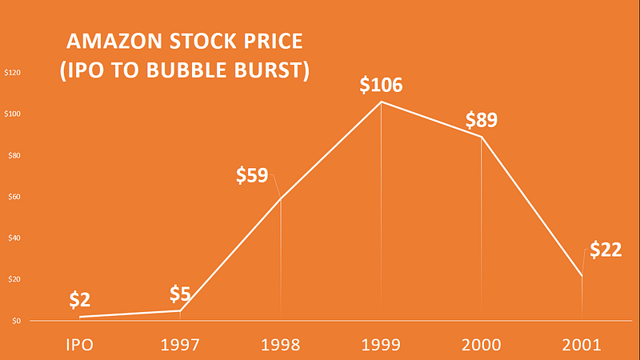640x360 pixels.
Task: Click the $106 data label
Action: [381, 86]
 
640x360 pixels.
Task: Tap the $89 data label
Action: [482, 121]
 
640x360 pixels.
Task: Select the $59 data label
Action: [252, 176]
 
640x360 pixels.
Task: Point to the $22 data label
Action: [606, 250]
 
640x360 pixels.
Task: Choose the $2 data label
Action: [79, 300]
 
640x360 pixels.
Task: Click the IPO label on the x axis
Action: [79, 345]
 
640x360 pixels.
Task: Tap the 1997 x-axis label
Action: [180, 345]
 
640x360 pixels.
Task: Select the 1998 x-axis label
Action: [280, 345]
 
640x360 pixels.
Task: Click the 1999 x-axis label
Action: [381, 345]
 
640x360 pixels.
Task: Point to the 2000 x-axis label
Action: [482, 345]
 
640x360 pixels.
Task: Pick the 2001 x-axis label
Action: [582, 345]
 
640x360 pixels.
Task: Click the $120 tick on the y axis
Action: [13, 73]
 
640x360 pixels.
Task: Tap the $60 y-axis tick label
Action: [14, 197]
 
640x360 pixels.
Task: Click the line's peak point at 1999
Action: [381, 102]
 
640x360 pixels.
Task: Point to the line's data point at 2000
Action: [482, 137]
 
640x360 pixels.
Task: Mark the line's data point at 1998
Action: [281, 198]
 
